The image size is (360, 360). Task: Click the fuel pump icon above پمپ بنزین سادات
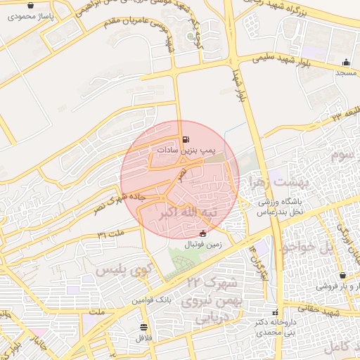186,139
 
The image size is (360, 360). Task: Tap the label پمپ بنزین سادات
185,150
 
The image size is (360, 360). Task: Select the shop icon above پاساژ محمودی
30,6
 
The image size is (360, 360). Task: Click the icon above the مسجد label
345,62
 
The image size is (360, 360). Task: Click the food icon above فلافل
144,327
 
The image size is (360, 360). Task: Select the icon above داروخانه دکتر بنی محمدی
274,312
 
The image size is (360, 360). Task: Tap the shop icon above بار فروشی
342,276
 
